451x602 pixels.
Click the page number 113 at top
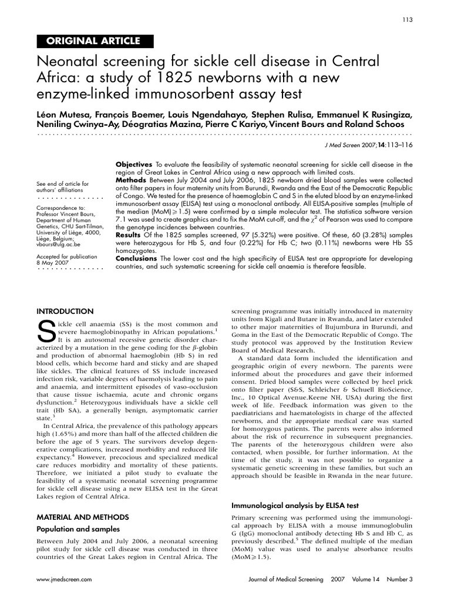408,19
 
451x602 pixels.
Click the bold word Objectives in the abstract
134,165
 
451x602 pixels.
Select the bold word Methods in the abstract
130,180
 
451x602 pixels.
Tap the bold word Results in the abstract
129,235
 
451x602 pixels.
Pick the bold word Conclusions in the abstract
137,258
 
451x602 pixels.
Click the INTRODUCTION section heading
65,311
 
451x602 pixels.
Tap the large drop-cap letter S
46,333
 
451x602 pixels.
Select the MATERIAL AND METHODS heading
83,517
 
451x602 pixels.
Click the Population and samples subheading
78,529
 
